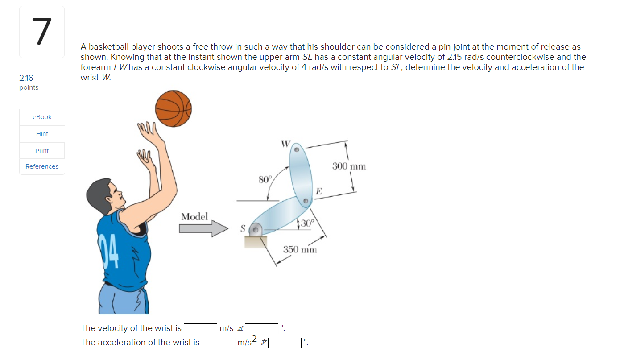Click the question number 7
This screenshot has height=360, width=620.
[41, 32]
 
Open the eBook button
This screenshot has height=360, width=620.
[42, 117]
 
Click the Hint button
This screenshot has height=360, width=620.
[42, 134]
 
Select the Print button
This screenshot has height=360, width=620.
[42, 151]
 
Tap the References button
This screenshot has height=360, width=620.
[42, 166]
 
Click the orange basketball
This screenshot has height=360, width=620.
[173, 109]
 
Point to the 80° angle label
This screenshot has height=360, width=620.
[265, 180]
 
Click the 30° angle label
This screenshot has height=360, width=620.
[307, 223]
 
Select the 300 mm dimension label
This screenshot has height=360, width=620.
[349, 166]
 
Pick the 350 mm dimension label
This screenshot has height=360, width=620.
[300, 249]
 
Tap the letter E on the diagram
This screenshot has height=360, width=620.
[318, 192]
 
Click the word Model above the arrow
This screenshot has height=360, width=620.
[194, 217]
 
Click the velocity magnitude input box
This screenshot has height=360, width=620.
[201, 329]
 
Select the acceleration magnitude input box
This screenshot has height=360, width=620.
[218, 343]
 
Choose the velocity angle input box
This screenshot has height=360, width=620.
[262, 329]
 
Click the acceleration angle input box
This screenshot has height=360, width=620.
[285, 343]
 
